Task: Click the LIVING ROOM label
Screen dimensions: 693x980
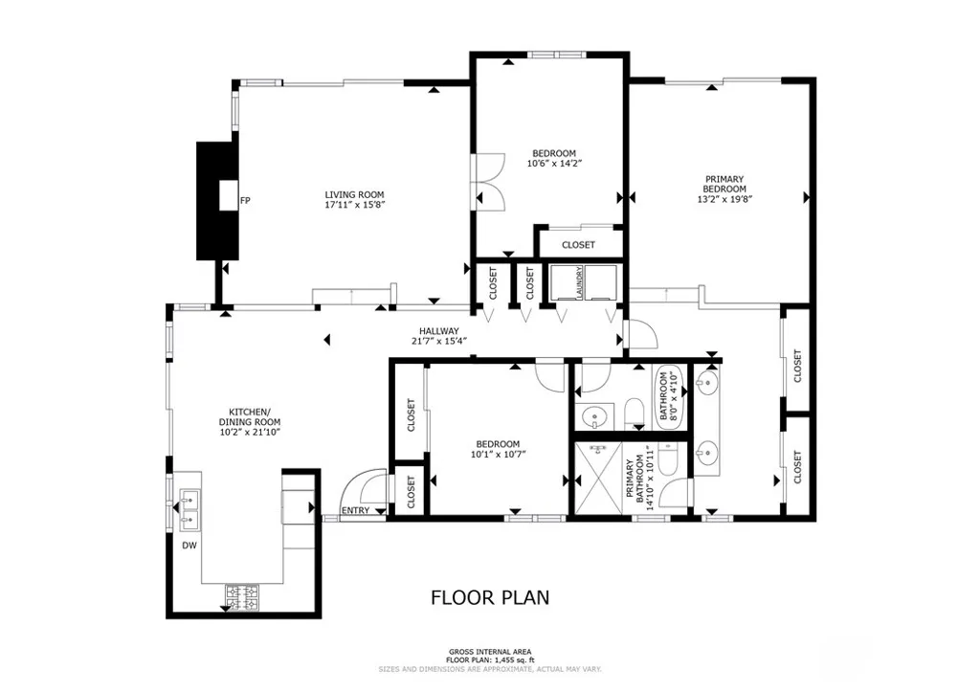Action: pos(354,193)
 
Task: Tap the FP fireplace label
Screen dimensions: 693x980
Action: pos(245,201)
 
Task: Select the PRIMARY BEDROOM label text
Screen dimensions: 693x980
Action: pos(724,183)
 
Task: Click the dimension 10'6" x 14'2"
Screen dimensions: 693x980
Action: pos(554,164)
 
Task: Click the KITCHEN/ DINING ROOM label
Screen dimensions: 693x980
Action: pos(249,416)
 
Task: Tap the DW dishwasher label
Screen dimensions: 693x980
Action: pos(189,546)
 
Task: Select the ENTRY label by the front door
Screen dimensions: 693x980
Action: pos(355,510)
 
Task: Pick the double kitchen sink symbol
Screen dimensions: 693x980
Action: pos(189,509)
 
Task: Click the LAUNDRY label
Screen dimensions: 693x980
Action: pos(578,284)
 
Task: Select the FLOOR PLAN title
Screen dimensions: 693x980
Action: pos(490,598)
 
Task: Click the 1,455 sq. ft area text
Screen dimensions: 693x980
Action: pos(490,659)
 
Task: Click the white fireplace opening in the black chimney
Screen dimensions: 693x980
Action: pos(227,196)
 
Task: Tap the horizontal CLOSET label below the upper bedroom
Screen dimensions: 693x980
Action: pos(578,245)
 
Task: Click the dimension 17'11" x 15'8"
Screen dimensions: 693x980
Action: pos(354,205)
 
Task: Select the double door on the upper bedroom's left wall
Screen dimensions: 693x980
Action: pos(487,180)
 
